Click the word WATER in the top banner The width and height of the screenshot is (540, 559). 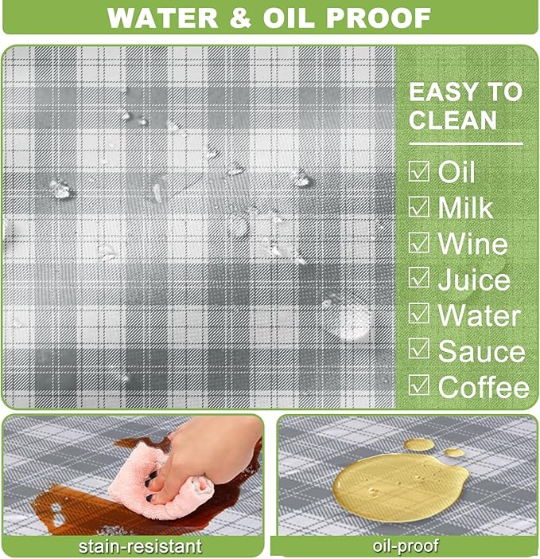tap(163, 17)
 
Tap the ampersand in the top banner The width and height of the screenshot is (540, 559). tap(241, 17)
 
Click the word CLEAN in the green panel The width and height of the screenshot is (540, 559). tap(453, 119)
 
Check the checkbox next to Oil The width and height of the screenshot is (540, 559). tap(418, 171)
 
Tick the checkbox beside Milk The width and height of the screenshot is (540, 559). tap(418, 207)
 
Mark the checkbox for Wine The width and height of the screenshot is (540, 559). tap(418, 242)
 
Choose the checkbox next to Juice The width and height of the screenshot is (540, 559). tap(418, 277)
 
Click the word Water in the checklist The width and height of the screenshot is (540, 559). tap(479, 315)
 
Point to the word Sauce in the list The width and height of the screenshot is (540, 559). tap(481, 351)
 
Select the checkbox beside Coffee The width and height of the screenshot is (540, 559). tap(418, 385)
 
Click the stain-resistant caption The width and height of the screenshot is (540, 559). tap(140, 546)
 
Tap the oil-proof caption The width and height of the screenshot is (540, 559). tap(406, 545)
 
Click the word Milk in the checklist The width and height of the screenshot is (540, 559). tap(465, 207)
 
